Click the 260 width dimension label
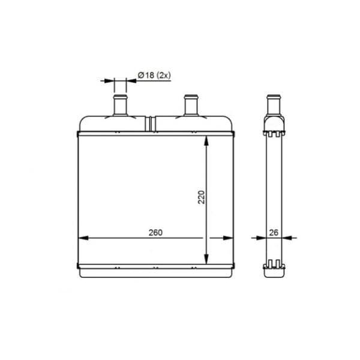click(x=155, y=233)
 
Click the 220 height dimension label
click(x=202, y=197)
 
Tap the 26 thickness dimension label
click(x=274, y=233)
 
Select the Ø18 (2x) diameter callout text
click(x=154, y=75)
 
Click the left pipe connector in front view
click(x=120, y=105)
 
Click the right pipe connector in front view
click(x=191, y=105)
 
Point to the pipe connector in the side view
click(x=274, y=104)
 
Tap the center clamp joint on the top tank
click(x=150, y=124)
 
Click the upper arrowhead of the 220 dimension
click(x=206, y=140)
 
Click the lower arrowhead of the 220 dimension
click(x=206, y=259)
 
